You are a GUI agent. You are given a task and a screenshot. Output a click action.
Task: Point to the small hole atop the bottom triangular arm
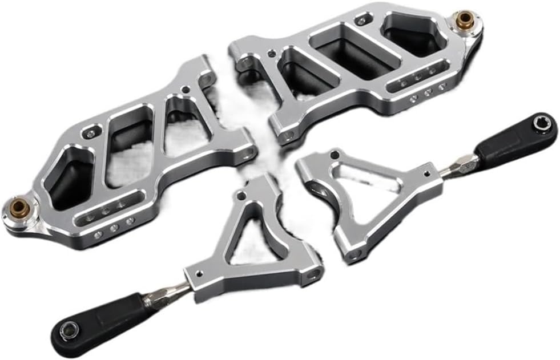(242, 196)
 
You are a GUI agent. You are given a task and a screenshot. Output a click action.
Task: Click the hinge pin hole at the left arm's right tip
(250, 153)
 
